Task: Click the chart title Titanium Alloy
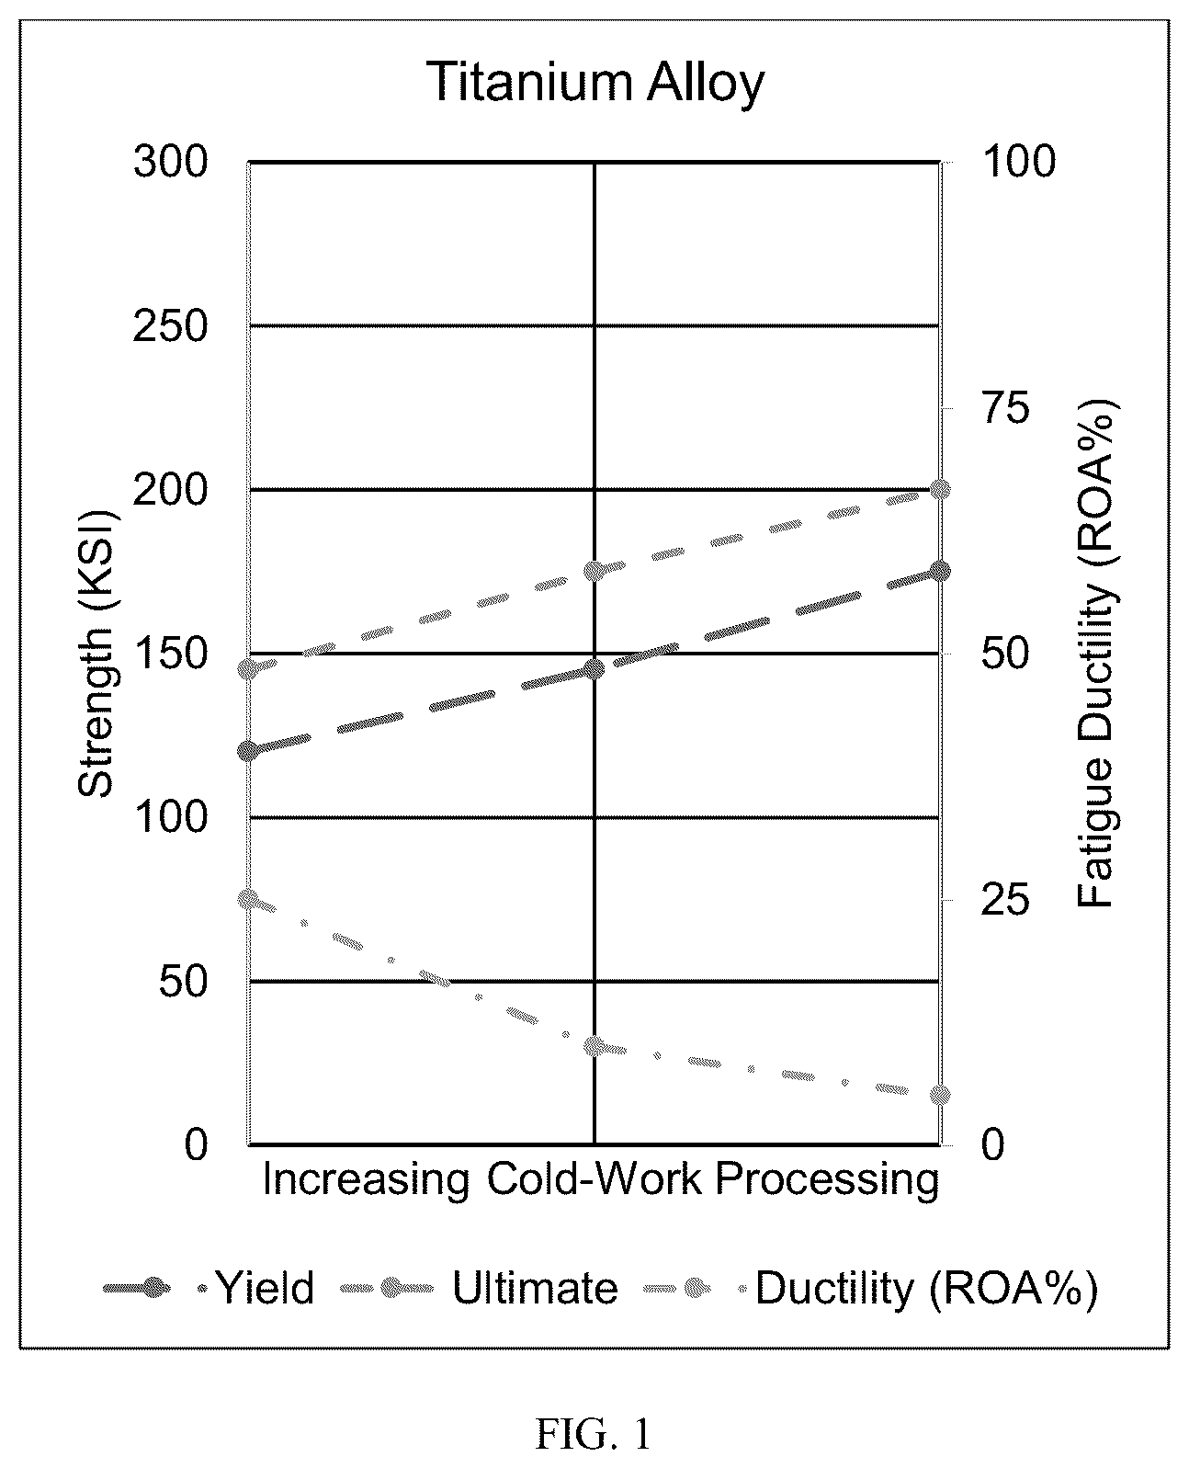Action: [x=595, y=83]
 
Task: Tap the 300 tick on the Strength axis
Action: [x=170, y=163]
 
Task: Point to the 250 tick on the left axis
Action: [x=170, y=326]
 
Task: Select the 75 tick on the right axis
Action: [x=1006, y=408]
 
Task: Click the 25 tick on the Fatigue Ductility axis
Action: [x=1006, y=900]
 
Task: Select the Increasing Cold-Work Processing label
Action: [x=601, y=1179]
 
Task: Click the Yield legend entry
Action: [x=209, y=1288]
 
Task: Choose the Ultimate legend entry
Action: [x=479, y=1288]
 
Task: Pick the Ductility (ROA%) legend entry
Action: [x=870, y=1288]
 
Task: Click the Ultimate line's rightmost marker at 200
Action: [x=940, y=490]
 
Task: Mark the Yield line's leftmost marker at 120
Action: [x=248, y=751]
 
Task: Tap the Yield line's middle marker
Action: [x=594, y=668]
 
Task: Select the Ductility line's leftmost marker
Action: [x=248, y=899]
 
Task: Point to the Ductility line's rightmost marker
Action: [x=940, y=1095]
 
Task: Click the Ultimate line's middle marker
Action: [x=594, y=571]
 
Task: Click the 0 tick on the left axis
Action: [x=197, y=1144]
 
